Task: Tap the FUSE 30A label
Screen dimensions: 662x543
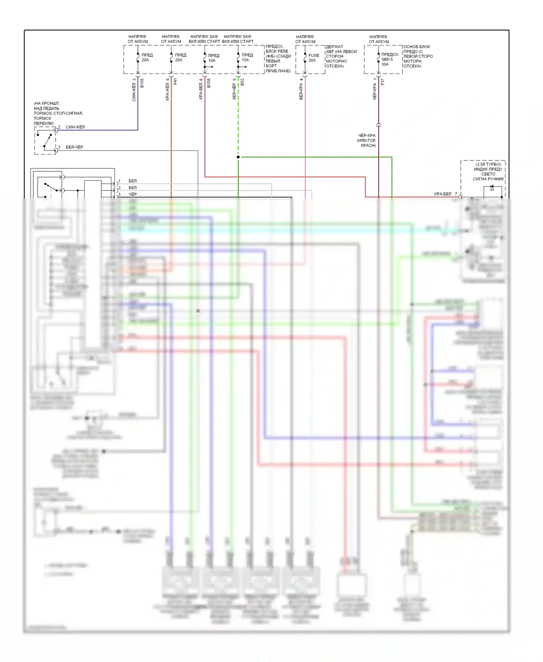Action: pos(313,58)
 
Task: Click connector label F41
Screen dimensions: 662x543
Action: pos(175,81)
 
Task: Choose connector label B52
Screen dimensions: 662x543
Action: pos(242,82)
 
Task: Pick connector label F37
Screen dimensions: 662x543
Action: pos(382,82)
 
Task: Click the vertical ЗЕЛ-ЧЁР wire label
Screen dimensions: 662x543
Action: pos(234,91)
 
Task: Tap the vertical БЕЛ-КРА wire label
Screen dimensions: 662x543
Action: pos(301,91)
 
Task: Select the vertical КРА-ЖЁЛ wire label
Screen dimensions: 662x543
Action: pos(167,91)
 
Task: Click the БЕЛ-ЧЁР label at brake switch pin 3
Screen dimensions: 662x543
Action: pos(75,147)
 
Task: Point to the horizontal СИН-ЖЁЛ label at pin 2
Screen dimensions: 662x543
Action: pos(75,127)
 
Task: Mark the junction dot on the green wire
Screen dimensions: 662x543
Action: pos(238,157)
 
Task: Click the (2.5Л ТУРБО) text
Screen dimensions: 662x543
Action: pos(488,164)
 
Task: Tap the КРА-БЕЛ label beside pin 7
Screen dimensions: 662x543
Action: pos(443,194)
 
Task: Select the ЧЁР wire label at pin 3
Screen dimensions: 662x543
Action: pos(133,194)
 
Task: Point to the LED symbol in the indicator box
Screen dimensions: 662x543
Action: pos(492,188)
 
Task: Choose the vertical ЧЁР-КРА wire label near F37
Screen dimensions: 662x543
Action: pos(374,91)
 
